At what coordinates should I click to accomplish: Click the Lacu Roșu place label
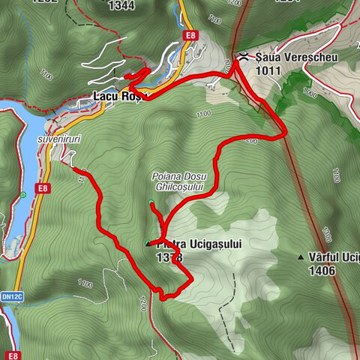[x=115, y=97]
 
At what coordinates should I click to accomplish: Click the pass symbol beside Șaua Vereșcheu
[x=242, y=56]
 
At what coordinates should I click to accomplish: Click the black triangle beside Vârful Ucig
[x=301, y=257]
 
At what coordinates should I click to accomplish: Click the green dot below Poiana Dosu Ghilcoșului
[x=151, y=202]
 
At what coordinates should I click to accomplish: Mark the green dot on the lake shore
[x=23, y=196]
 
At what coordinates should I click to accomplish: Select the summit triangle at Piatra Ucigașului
[x=148, y=243]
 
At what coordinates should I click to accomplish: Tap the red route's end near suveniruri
[x=75, y=170]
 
